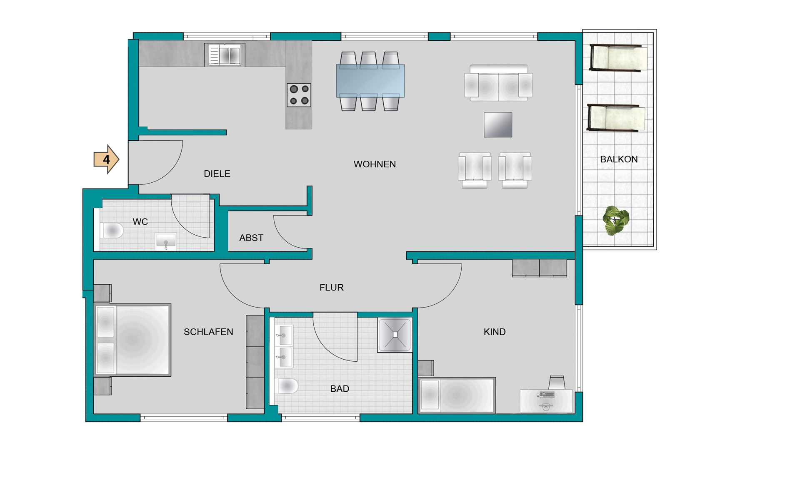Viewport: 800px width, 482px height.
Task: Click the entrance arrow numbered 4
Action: pos(106,159)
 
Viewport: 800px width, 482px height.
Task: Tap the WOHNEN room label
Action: pos(375,164)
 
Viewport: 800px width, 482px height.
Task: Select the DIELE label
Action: pos(217,174)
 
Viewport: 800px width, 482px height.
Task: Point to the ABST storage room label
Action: pos(251,238)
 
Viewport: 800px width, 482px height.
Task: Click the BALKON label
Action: pos(619,159)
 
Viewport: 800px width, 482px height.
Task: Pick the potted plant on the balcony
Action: pos(616,220)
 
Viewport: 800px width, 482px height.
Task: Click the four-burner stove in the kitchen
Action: pos(299,95)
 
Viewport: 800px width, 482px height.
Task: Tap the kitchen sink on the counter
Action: pos(225,55)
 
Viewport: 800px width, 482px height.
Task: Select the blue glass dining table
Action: pos(370,81)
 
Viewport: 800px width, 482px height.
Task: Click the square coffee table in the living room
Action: pos(498,124)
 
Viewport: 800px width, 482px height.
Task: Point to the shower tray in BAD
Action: pos(395,335)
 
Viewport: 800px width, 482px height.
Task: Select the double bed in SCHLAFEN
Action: pos(133,340)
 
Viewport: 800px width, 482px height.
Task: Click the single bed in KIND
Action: pos(457,395)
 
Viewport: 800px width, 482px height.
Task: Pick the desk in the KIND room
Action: pos(546,401)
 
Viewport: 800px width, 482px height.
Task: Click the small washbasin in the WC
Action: pos(166,241)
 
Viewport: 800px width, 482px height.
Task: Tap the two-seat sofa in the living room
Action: pos(498,83)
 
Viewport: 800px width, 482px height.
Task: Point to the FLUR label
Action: pos(332,288)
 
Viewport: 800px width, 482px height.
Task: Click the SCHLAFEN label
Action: pos(208,332)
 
